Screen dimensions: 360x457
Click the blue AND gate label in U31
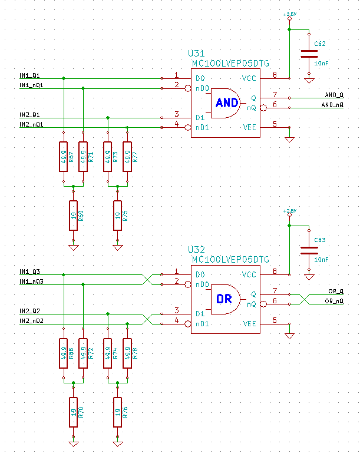click(x=227, y=102)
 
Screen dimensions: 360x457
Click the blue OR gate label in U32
click(x=224, y=299)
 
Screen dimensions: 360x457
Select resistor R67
click(x=63, y=157)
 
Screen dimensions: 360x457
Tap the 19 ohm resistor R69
click(x=73, y=216)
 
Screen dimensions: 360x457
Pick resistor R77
click(x=127, y=157)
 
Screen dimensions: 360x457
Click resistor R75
click(x=117, y=216)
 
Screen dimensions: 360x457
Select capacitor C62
click(x=309, y=54)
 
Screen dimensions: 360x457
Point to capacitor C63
click(x=309, y=250)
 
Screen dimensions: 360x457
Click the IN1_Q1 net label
click(x=29, y=75)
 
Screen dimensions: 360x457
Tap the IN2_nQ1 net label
click(x=31, y=124)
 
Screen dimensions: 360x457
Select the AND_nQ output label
click(x=332, y=105)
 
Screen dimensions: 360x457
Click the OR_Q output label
click(x=336, y=291)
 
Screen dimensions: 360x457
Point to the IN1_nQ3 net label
click(x=31, y=282)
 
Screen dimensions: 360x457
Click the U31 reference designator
click(x=196, y=54)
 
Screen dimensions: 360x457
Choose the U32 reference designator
click(x=196, y=250)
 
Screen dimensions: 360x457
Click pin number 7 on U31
click(x=275, y=94)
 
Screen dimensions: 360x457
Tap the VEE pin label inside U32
click(x=249, y=323)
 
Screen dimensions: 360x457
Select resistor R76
click(x=117, y=412)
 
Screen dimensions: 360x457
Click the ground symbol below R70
click(x=73, y=444)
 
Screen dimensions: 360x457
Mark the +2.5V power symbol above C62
click(x=289, y=16)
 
